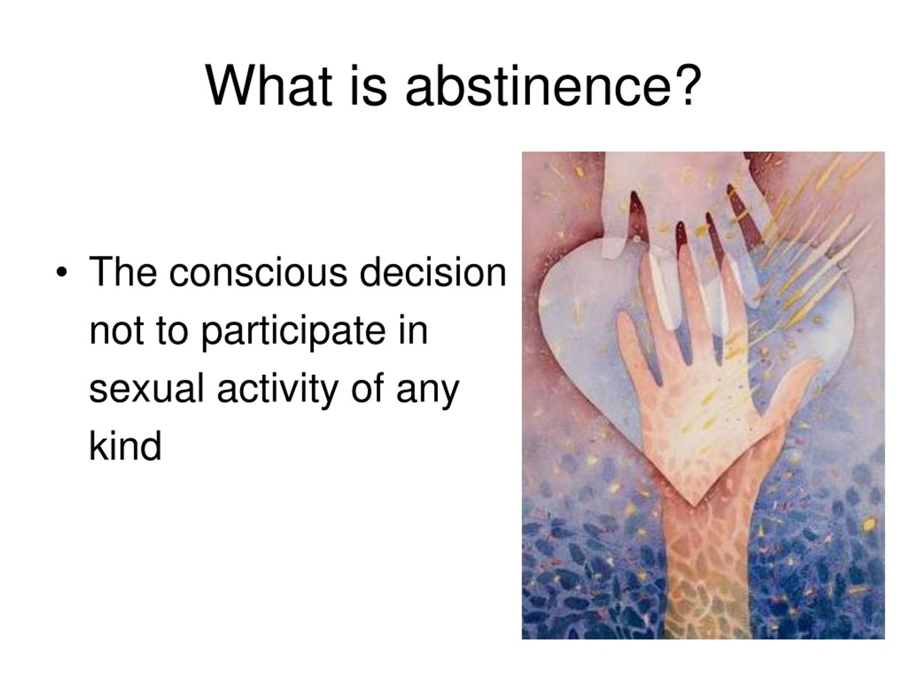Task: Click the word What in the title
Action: point(269,86)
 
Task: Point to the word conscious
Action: point(258,272)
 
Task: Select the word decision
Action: point(433,271)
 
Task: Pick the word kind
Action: point(125,446)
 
